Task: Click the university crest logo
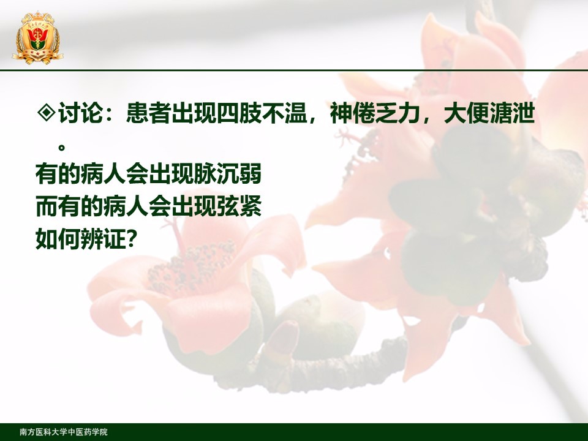37,38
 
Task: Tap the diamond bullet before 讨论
47,112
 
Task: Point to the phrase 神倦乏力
375,113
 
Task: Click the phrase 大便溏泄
489,113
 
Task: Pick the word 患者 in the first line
148,113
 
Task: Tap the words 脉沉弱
228,174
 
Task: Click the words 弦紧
239,206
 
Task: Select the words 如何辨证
80,239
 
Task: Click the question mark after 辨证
130,239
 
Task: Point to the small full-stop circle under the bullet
62,147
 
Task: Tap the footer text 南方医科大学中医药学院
63,432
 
